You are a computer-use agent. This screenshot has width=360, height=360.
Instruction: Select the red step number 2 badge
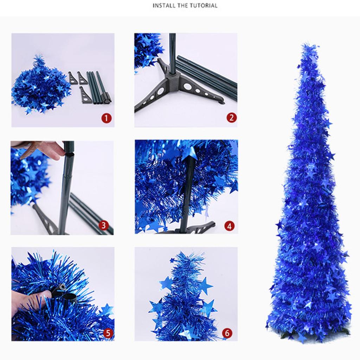(x=231, y=118)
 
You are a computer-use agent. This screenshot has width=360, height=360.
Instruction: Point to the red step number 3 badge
(x=103, y=225)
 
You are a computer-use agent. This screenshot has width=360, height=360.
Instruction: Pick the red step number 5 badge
(x=108, y=333)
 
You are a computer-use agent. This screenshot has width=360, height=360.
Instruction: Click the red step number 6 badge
(x=227, y=333)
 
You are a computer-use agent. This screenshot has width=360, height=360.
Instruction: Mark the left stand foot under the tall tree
(x=287, y=334)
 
